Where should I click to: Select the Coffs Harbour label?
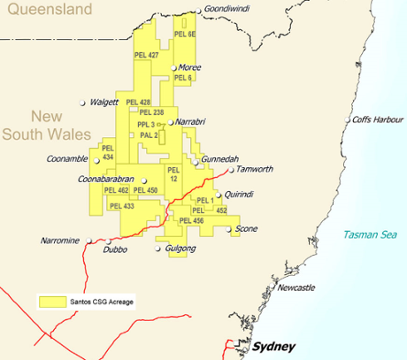click(x=377, y=119)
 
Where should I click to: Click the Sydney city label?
click(x=273, y=347)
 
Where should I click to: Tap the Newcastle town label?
click(x=295, y=288)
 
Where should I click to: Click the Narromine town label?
click(x=60, y=241)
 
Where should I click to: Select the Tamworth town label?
click(x=256, y=169)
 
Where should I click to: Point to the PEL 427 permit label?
click(x=147, y=55)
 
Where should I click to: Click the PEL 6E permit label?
click(x=185, y=33)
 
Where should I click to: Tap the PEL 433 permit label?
click(x=122, y=205)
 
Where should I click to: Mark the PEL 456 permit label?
click(x=191, y=220)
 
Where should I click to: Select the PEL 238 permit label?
click(x=150, y=112)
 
